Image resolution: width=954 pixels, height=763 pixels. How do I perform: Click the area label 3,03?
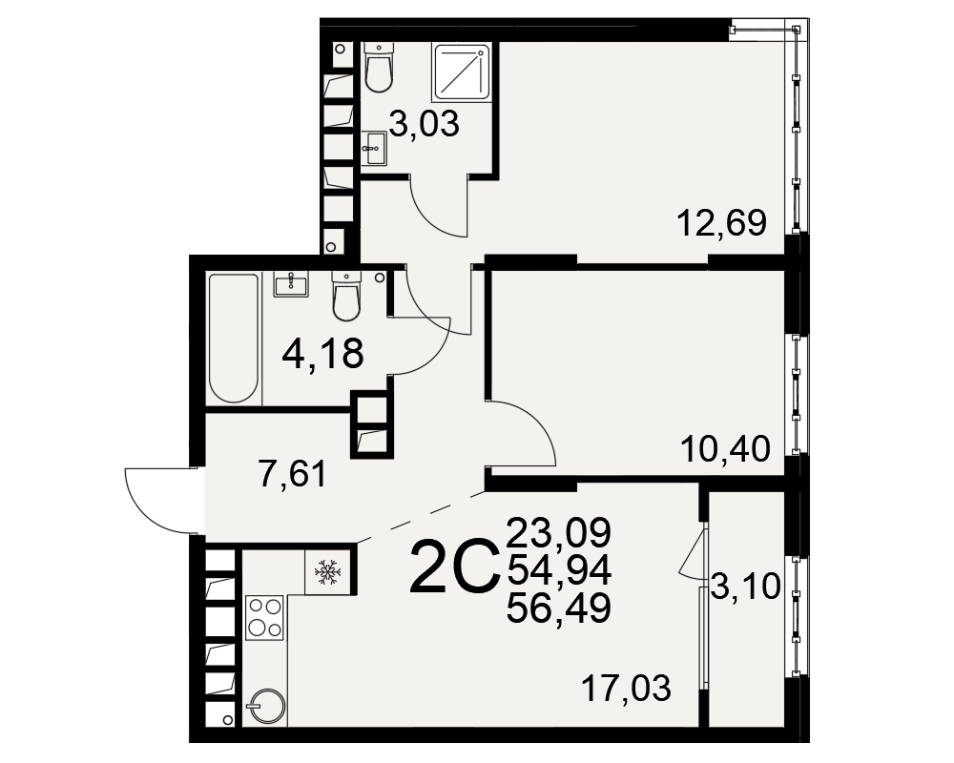(425, 125)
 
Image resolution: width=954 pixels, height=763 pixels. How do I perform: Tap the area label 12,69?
(721, 222)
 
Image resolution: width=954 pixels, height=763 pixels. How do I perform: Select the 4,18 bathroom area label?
(323, 354)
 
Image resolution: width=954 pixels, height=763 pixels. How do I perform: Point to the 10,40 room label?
(725, 449)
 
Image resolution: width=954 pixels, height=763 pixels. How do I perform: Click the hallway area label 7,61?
(293, 474)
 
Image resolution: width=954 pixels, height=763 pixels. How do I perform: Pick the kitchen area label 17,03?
(626, 689)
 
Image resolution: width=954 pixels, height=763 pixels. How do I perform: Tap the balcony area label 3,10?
(745, 588)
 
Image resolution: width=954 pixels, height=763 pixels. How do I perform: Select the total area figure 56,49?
(558, 608)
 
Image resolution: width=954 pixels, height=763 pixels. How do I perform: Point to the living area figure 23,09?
(558, 532)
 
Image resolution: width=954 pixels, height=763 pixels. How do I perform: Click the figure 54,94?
(558, 570)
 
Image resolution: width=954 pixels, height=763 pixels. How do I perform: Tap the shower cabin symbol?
(461, 72)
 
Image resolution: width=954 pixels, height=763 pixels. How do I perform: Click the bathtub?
(234, 339)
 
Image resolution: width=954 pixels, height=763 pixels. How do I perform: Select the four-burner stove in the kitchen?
(264, 618)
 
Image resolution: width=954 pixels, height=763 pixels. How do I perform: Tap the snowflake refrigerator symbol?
(327, 571)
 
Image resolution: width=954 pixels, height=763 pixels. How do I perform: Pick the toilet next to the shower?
(379, 67)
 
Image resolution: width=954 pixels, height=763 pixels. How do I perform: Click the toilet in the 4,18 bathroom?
(347, 296)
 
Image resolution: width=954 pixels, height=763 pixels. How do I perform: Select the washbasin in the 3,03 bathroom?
(373, 148)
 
